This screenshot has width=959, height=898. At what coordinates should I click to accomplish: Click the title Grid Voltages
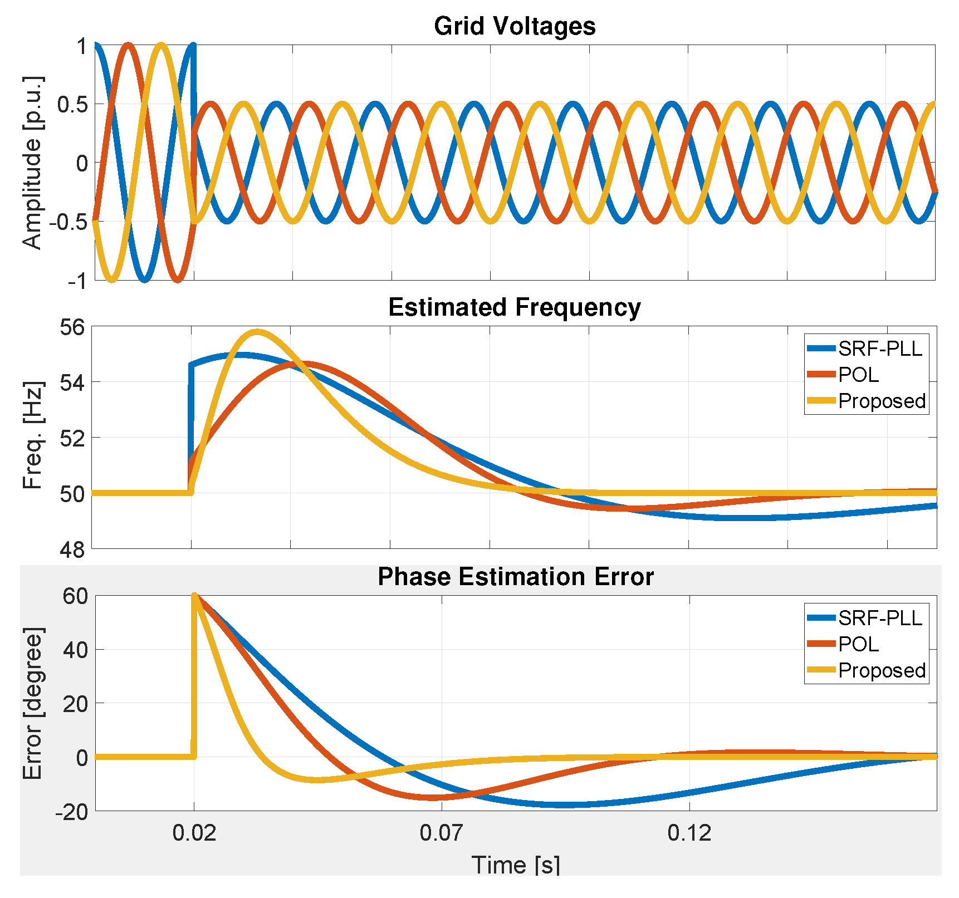point(514,26)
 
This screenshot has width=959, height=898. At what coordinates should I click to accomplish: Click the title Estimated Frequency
point(514,307)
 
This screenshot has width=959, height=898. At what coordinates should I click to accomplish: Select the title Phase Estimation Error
point(515,577)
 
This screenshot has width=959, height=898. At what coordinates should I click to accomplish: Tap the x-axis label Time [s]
point(515,865)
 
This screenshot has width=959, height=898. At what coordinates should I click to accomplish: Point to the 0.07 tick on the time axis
point(441,833)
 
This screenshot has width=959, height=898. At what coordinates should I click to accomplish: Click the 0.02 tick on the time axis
point(194,833)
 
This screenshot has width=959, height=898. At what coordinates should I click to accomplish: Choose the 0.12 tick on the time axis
point(689,833)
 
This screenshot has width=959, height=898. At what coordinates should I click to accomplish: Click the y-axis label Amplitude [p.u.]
point(32,163)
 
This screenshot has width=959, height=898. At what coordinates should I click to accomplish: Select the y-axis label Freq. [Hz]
point(32,435)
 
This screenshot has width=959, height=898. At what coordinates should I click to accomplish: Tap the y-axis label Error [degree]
point(32,704)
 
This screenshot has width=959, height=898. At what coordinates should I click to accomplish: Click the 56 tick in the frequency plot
point(72,327)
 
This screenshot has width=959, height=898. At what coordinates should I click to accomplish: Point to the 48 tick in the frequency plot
point(72,550)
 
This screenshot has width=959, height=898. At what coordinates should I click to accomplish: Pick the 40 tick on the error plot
point(75,650)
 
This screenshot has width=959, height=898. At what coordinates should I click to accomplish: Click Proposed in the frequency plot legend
point(882,401)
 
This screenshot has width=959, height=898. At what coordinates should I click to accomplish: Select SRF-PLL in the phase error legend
point(880,618)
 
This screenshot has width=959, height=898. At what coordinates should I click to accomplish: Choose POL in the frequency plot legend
point(859,375)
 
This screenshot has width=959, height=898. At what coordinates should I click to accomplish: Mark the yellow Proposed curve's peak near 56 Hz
point(257,332)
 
